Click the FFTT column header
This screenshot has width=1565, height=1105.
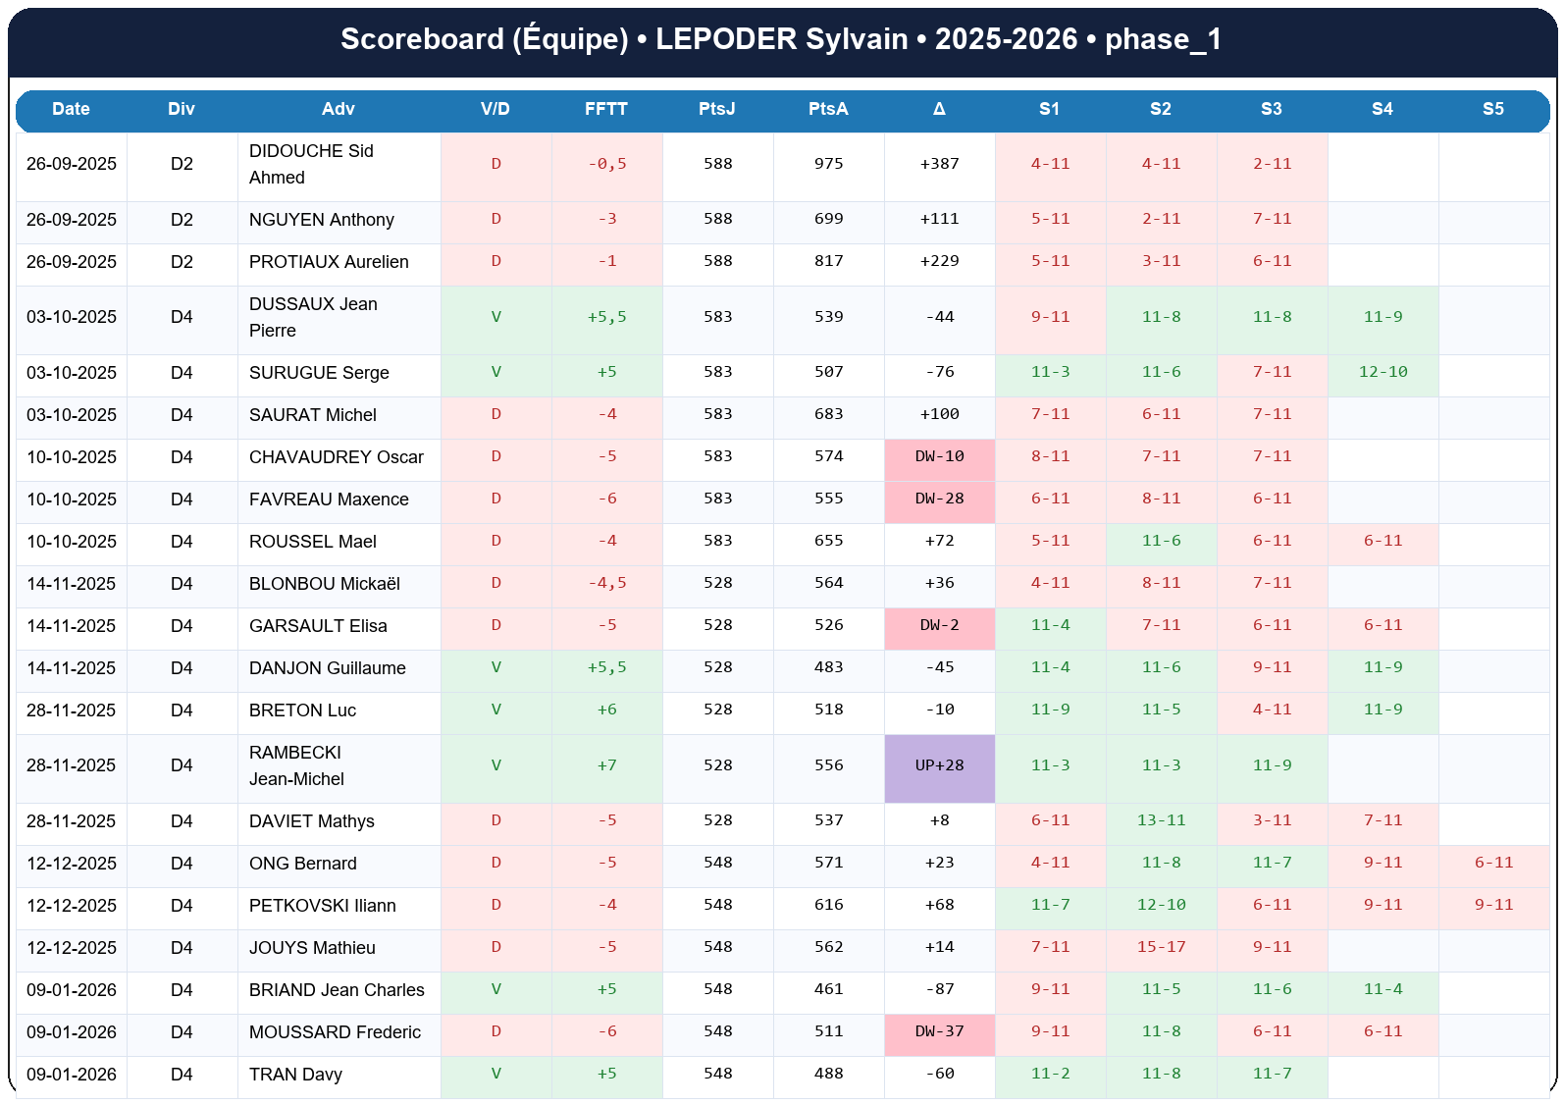coord(606,109)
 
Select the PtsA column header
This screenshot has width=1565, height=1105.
coord(828,109)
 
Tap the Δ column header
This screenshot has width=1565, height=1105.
coord(939,109)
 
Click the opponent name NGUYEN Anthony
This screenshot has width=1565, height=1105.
coord(322,220)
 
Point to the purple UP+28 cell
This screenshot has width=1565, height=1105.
coord(939,765)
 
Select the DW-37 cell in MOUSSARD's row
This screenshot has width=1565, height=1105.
coord(939,1031)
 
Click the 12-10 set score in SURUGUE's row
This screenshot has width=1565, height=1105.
coord(1382,372)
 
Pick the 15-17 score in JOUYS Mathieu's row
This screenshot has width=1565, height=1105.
coord(1161,947)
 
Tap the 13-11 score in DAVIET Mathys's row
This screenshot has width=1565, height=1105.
coord(1161,820)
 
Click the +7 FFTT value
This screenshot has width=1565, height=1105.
coord(606,765)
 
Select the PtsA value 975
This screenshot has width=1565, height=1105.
coord(828,164)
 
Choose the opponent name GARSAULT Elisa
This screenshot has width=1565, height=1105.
coord(318,626)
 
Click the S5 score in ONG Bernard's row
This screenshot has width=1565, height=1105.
coord(1493,863)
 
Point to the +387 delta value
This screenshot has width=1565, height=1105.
coord(939,164)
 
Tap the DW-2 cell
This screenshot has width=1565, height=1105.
coord(939,625)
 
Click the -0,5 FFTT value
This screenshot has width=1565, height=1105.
coord(606,164)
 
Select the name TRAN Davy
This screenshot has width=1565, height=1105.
coord(295,1075)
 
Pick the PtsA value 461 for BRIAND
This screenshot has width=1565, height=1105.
coord(828,989)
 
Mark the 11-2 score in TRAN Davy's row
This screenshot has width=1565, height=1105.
coord(1050,1074)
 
